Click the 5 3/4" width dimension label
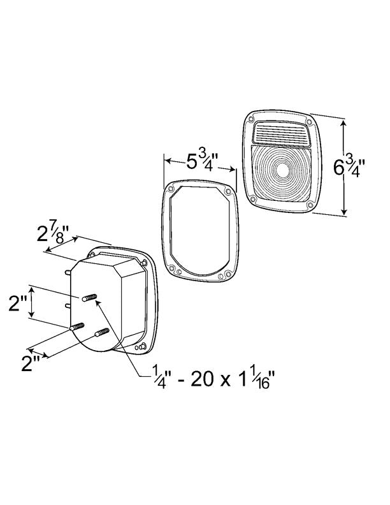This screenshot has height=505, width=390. [x=202, y=161]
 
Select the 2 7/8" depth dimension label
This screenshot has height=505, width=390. [x=53, y=233]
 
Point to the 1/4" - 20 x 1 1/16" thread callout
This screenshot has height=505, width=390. [x=213, y=379]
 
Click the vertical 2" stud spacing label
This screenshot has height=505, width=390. [x=18, y=304]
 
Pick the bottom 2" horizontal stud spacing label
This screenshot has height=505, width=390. [x=31, y=364]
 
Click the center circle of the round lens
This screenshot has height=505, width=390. [x=282, y=170]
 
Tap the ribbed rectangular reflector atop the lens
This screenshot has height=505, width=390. [x=281, y=133]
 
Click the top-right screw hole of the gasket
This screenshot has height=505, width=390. [x=228, y=192]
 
